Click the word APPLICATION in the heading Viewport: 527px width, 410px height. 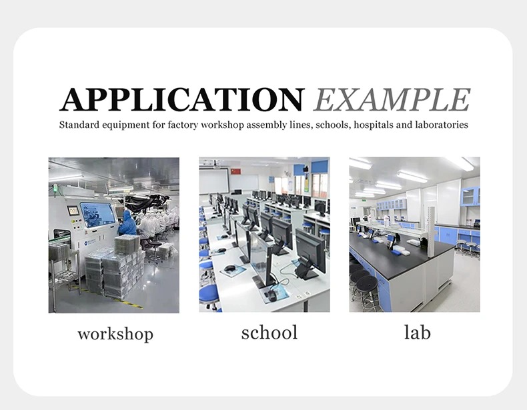pos(182,100)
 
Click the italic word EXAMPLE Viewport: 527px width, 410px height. pos(392,100)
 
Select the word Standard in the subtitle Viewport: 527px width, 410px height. pos(79,125)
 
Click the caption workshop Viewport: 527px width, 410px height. pos(115,334)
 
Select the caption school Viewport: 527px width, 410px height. pos(270,333)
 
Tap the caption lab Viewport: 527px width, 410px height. pos(417,333)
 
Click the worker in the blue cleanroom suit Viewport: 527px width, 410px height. pos(127,223)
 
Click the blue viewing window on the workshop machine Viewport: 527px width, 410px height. pos(97,215)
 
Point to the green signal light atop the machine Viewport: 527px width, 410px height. pos(55,189)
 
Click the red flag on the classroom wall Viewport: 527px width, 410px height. pos(237,171)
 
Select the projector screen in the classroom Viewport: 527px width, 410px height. pos(213,181)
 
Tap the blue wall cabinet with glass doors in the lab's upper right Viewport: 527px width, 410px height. pos(470,197)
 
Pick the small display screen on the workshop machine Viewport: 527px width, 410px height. pos(73,211)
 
